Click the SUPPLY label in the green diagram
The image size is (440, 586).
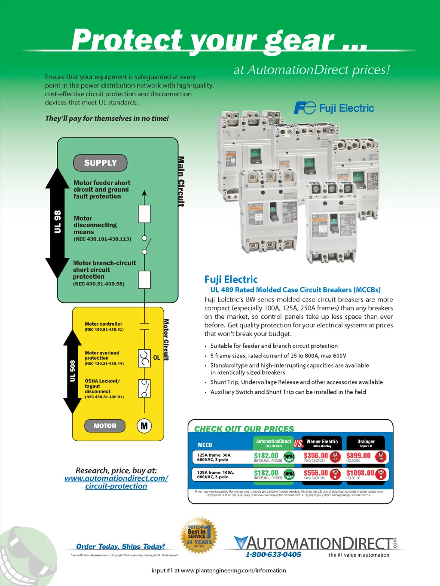pos(101,163)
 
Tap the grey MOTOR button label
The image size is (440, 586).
pos(105,426)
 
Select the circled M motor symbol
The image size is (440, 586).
pos(144,426)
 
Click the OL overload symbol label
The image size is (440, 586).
pos(156,357)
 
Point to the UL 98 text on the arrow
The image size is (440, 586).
pos(58,222)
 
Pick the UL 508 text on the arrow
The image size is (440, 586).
pos(73,371)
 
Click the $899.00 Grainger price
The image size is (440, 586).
pos(358,456)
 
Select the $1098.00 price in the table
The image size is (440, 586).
pos(360,473)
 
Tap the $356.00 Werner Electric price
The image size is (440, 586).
pos(316,456)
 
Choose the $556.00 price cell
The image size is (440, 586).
pos(316,473)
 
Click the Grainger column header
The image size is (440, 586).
pos(366,443)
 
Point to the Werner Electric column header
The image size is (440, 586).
pos(322,443)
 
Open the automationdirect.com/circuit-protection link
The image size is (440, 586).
pos(116,482)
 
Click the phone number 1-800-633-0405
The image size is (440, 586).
pos(273,555)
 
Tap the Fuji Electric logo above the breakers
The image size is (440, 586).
pos(334,108)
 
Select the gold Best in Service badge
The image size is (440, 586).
pos(198,535)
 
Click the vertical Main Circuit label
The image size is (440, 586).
pos(181,181)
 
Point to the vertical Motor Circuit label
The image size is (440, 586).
pos(166,339)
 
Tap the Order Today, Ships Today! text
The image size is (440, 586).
pos(120,546)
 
